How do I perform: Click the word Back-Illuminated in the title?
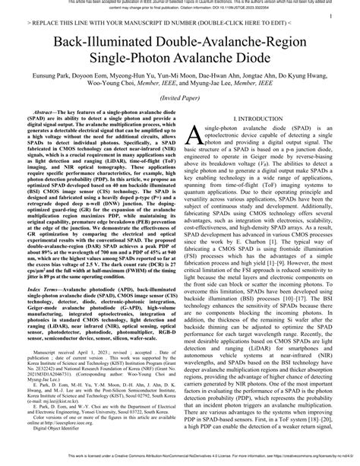point(93,50)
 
